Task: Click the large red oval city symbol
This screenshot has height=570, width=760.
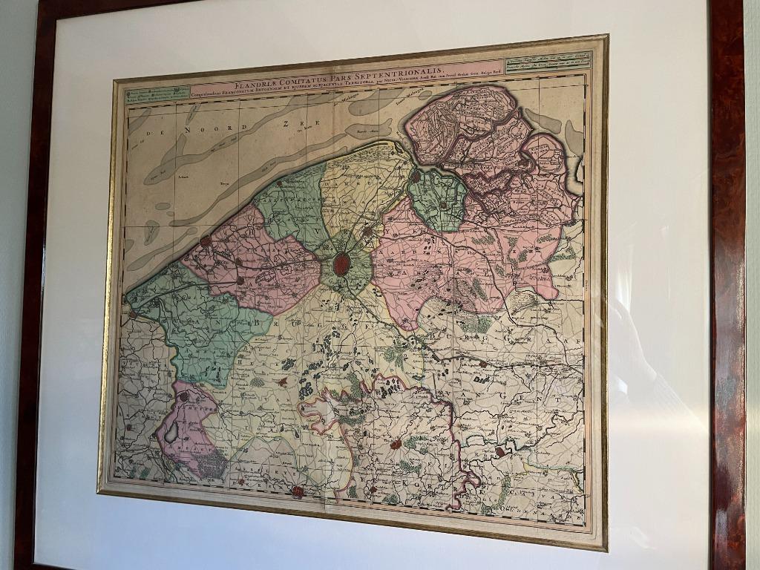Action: point(341,264)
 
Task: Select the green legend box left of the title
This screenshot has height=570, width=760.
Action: point(157,95)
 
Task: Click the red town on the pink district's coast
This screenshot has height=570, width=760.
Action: point(206,241)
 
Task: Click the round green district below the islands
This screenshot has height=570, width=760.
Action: point(438,199)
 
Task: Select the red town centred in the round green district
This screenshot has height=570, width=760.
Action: point(442,205)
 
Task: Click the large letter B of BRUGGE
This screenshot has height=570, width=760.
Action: point(261,323)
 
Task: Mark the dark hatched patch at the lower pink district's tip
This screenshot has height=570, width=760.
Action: point(214,464)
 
